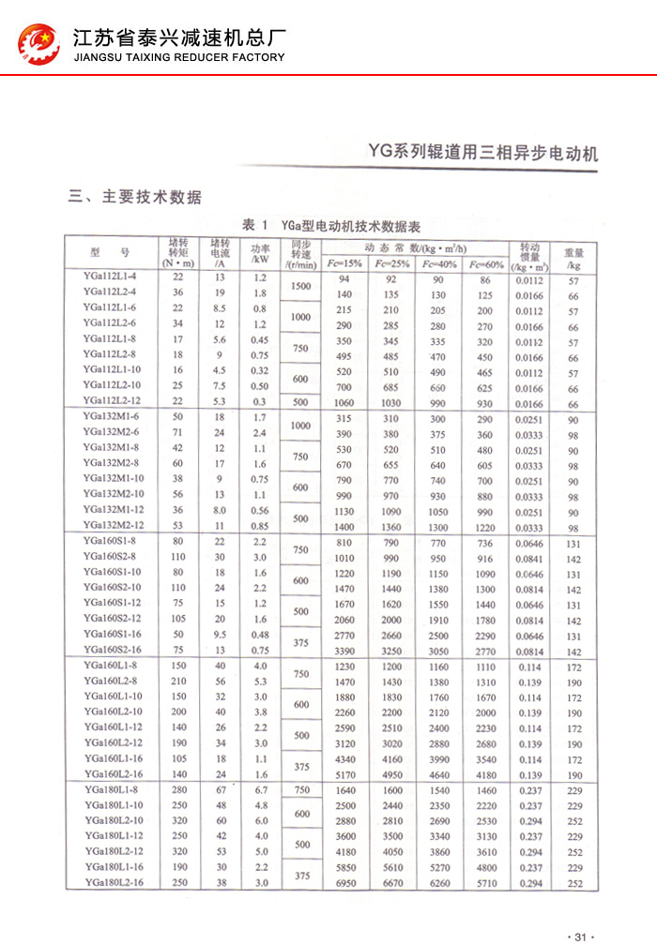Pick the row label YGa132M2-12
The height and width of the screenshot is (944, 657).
pos(113,525)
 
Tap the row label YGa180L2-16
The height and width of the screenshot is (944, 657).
pos(113,882)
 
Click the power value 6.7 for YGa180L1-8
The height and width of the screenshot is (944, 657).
pos(260,789)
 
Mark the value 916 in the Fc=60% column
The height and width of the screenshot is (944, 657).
pos(484,557)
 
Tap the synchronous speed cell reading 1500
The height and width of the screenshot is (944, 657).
pos(300,286)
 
